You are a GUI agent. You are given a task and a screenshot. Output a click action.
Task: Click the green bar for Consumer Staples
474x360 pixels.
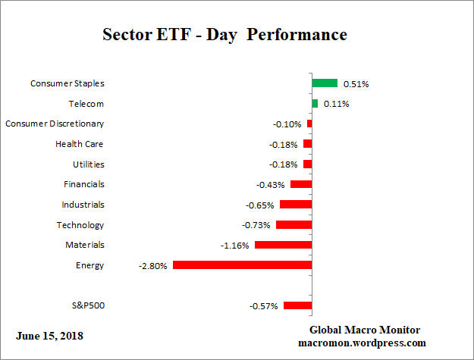(x=325, y=83)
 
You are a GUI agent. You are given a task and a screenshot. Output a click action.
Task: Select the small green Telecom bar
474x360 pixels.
(x=315, y=104)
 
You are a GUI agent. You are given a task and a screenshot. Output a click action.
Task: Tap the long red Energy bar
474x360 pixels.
(x=242, y=265)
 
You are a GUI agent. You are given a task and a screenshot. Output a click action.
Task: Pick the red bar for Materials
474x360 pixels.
(x=283, y=246)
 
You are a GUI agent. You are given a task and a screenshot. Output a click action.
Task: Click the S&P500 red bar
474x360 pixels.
(x=297, y=306)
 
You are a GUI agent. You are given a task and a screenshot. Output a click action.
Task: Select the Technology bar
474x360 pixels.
(x=294, y=225)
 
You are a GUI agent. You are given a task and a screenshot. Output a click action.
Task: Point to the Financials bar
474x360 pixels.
(x=301, y=184)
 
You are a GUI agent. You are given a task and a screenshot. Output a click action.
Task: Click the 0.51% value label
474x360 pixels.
(x=356, y=84)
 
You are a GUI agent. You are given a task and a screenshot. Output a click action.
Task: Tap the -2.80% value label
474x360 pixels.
(x=153, y=266)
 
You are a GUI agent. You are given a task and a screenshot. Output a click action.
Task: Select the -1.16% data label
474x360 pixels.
(x=235, y=246)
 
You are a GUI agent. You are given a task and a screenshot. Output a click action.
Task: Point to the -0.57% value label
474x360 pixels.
(x=264, y=306)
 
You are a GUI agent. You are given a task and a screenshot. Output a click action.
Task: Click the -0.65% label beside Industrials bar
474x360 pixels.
(x=260, y=205)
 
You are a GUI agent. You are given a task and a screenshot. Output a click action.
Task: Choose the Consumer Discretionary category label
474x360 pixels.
(x=55, y=124)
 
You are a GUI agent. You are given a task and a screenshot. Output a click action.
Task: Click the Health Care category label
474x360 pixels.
(x=80, y=144)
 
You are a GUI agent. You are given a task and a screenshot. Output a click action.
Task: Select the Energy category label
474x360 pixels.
(x=90, y=265)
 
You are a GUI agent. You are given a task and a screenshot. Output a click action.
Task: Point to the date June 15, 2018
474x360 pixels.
(x=49, y=336)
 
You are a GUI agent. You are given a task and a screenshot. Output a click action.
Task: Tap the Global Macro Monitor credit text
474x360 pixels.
(x=365, y=330)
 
